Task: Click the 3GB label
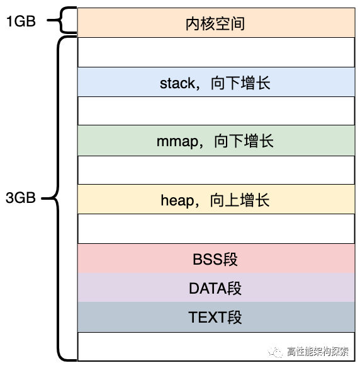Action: coord(21,198)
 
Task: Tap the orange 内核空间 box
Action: coord(215,23)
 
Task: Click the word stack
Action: coord(177,83)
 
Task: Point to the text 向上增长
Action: coord(243,200)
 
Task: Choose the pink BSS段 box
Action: coord(215,259)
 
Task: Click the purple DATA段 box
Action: coord(215,288)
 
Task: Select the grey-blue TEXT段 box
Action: coord(215,317)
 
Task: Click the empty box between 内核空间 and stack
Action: coord(215,52)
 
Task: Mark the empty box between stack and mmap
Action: coord(215,112)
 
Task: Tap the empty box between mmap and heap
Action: coord(215,170)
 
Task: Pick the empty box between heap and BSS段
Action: coord(215,229)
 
